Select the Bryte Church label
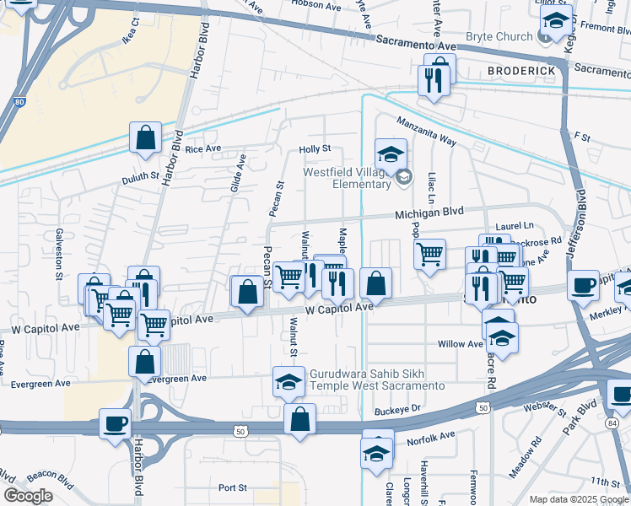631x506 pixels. coord(499,37)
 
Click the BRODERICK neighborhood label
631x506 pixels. coord(520,71)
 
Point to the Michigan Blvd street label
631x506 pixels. coord(430,216)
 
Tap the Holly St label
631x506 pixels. coord(315,149)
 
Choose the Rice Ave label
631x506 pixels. coord(203,149)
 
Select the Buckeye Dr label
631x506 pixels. coord(397,409)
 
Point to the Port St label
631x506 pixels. coord(232,487)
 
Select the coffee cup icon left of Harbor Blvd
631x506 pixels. coord(115,423)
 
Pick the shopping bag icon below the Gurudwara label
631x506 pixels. coord(300,418)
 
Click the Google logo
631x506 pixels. coord(28,496)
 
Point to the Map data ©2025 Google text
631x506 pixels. coord(578,499)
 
